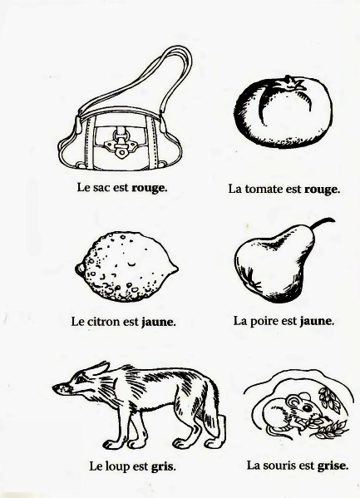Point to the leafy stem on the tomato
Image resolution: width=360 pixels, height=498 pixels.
tap(290, 83)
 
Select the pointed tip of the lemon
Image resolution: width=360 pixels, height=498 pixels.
tap(175, 269)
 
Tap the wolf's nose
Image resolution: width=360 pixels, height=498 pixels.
tap(55, 387)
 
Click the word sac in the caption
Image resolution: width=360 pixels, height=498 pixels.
tap(101, 187)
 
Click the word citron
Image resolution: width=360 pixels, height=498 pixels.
tap(103, 322)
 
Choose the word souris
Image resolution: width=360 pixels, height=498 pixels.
tap(281, 466)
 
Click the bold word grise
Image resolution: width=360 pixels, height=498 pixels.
tap(332, 466)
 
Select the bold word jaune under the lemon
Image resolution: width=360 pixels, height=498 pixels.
tap(158, 322)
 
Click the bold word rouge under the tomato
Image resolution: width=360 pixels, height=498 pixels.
tap(322, 190)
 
